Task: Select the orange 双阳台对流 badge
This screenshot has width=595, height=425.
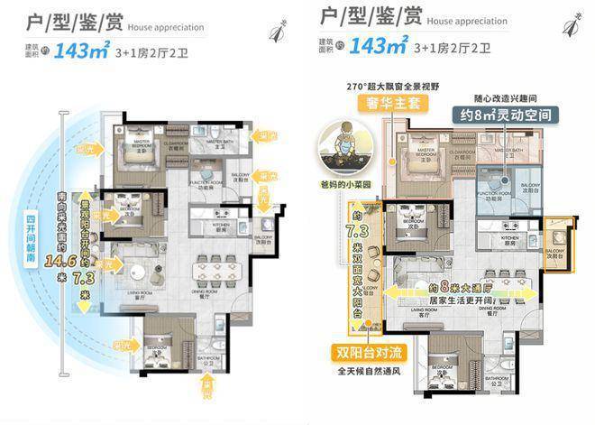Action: click(371, 352)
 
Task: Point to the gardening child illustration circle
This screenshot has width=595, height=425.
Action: click(343, 147)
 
